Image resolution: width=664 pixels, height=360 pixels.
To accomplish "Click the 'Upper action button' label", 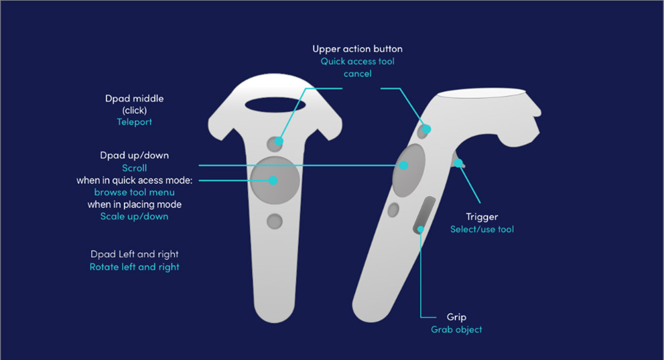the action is (x=357, y=49).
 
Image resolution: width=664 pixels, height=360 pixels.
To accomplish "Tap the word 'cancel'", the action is (x=357, y=74).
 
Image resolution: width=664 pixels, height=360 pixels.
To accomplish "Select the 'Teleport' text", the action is (x=134, y=122).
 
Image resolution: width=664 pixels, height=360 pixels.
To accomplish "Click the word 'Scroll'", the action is (x=134, y=168).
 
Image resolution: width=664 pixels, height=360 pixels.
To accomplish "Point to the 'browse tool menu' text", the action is (x=134, y=192).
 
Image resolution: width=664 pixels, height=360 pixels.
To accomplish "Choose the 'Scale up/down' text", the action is (x=134, y=217).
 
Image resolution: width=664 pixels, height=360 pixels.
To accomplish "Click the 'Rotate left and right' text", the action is (x=134, y=267).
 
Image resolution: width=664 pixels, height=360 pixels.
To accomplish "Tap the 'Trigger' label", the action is (x=482, y=217).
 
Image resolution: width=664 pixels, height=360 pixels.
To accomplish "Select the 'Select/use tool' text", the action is (x=482, y=229).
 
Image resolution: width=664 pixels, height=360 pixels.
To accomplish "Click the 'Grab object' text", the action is (x=456, y=330).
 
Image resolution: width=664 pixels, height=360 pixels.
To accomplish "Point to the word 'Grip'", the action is (x=456, y=317).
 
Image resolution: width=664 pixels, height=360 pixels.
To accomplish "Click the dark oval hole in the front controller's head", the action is (x=275, y=105).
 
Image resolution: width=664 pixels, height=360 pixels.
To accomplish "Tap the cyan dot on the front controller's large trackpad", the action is (x=273, y=180).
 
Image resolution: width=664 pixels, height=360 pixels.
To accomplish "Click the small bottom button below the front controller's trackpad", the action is (x=275, y=221).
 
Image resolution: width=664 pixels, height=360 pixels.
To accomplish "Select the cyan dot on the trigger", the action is (x=458, y=163).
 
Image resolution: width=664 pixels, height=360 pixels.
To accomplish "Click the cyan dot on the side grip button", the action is (x=421, y=229).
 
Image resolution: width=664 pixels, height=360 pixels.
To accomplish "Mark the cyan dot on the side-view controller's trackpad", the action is (x=403, y=166).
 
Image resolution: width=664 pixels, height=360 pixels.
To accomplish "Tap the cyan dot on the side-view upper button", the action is (x=426, y=129).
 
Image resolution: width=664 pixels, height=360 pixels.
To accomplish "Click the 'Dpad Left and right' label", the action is (x=134, y=254).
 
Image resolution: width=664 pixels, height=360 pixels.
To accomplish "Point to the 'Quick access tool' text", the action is (x=357, y=62).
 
